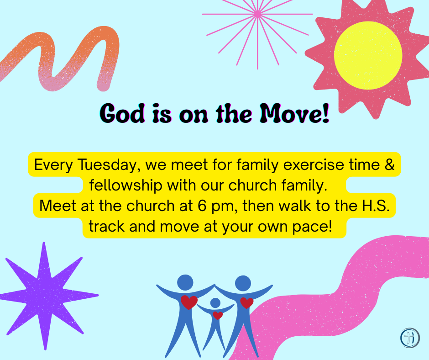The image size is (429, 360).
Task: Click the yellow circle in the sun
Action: [368, 55]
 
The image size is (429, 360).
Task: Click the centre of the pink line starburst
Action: [257, 14]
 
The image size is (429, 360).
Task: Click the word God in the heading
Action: [122, 113]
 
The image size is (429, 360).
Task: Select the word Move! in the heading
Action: [294, 113]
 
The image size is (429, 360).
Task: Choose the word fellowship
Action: [126, 185]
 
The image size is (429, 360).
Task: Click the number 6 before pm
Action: [202, 206]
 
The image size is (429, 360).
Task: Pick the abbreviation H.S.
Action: [376, 206]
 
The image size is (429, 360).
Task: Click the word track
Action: [107, 227]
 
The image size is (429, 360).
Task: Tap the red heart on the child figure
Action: [218, 315]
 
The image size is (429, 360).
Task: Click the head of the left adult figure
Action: [185, 282]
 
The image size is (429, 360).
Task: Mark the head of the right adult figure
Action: [243, 283]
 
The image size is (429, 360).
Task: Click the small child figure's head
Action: [215, 303]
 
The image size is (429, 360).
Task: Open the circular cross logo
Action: [409, 338]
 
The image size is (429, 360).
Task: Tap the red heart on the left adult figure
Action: [189, 302]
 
